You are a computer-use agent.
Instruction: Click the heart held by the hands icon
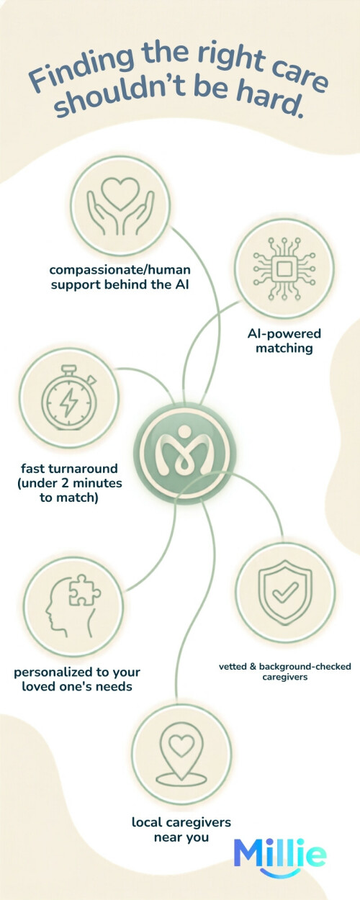[120, 194]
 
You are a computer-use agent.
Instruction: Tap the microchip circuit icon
[284, 268]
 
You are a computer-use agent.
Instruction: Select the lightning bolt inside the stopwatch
[69, 402]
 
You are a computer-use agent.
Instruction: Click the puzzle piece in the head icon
[84, 590]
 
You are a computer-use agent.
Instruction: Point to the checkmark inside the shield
[285, 593]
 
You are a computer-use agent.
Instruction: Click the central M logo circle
[184, 453]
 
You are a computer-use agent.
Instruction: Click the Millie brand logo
[280, 857]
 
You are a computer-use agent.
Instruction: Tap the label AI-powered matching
[284, 341]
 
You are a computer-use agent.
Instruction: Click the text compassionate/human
[120, 270]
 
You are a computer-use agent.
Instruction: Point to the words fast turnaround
[70, 468]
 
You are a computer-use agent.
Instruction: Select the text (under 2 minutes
[70, 483]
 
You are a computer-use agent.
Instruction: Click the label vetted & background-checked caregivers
[285, 672]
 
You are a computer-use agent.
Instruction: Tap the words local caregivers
[181, 822]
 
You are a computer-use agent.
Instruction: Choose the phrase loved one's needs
[77, 686]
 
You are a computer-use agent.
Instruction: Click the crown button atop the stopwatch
[69, 368]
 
